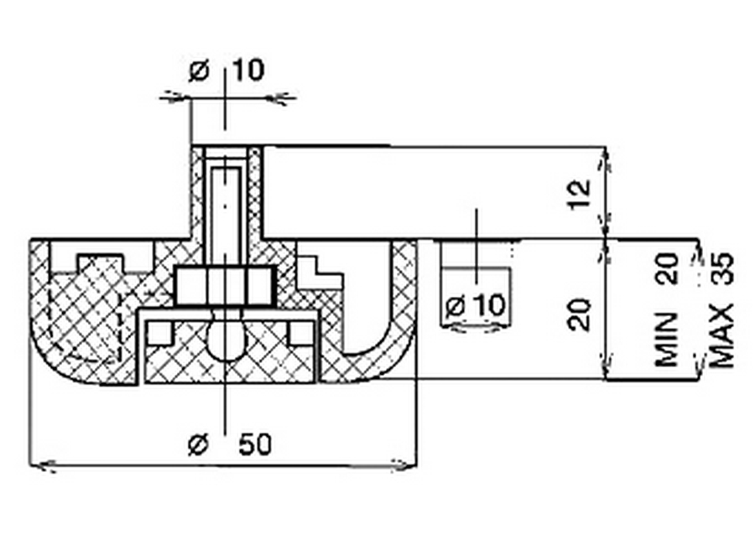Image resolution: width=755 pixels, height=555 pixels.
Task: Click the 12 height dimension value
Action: tap(579, 194)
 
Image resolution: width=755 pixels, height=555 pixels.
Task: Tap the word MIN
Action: tap(667, 339)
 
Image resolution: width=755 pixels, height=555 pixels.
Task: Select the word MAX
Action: tap(722, 335)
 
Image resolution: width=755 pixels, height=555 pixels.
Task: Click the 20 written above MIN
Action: tap(668, 268)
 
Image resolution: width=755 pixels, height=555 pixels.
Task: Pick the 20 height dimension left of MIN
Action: tap(579, 314)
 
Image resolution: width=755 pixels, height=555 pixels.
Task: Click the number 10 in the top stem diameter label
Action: tap(248, 70)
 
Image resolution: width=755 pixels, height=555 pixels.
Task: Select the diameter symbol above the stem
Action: tap(200, 71)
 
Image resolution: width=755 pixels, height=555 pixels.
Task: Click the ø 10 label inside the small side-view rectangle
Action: tap(476, 306)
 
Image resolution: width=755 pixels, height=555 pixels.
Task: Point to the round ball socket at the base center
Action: tap(227, 340)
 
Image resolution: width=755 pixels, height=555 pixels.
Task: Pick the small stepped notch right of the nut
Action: tap(319, 272)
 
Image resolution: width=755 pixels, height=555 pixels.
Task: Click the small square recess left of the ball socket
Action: tap(159, 333)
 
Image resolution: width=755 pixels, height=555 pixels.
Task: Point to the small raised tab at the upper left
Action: tap(100, 263)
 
